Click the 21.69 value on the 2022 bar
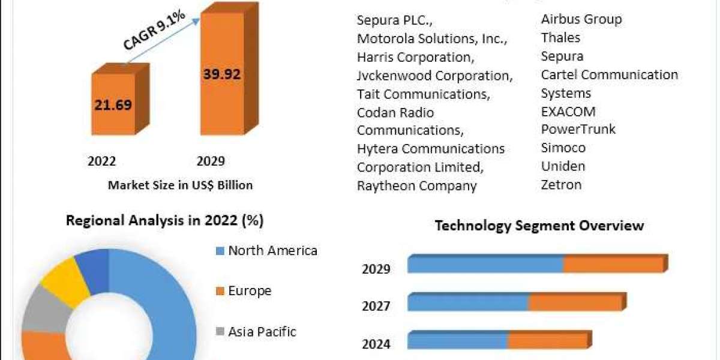tap(113, 104)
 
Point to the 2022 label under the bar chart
tap(102, 161)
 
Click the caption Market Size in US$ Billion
tap(180, 185)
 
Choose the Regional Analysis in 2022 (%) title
tap(164, 220)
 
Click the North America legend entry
tap(272, 250)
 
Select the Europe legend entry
tap(250, 291)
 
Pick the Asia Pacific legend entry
tap(262, 331)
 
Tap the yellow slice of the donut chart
tap(65, 280)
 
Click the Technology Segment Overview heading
tap(539, 226)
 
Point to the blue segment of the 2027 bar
tap(468, 302)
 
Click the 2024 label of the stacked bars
tap(376, 344)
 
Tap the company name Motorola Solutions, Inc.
tap(432, 38)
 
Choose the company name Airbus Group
tap(581, 19)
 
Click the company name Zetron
tap(561, 184)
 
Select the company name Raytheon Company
tap(416, 185)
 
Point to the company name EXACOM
tap(568, 111)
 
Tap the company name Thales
tap(560, 38)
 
